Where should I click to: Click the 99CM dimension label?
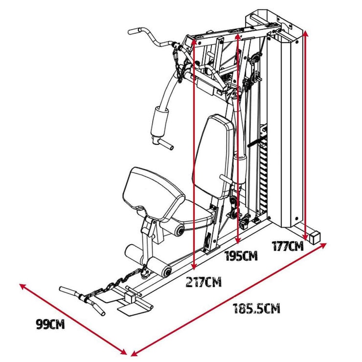click(50, 324)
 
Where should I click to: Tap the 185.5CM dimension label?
click(256, 309)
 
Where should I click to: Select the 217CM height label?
click(204, 282)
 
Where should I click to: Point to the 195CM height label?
click(241, 256)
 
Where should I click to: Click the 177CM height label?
click(288, 246)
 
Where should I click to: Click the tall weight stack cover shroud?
click(285, 132)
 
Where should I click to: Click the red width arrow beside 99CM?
click(73, 318)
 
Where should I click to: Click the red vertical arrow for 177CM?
click(306, 137)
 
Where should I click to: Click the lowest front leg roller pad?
click(160, 267)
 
